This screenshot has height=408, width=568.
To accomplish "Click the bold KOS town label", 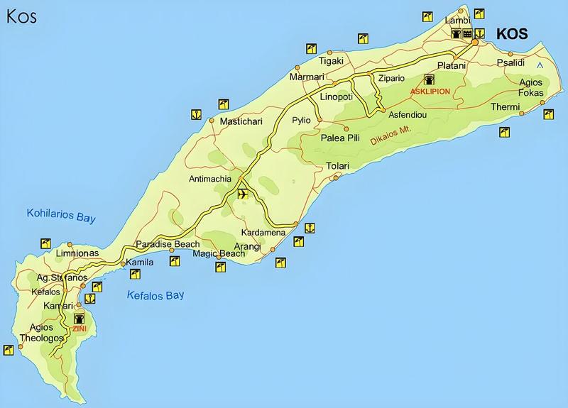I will pos(513,34).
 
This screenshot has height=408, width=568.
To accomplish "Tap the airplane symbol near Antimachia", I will pos(243,194).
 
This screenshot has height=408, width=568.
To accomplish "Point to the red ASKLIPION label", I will pos(430,92).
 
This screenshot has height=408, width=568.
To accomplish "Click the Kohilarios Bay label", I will pos(60,215).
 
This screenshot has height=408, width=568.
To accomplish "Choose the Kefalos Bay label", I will pos(155,295).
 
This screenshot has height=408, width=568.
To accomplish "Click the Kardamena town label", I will pos(263,233).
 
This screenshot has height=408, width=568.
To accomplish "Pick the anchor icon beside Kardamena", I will pos(310,228).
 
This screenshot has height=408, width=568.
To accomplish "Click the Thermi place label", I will pos(506,107).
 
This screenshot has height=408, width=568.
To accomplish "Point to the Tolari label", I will pos(338,166).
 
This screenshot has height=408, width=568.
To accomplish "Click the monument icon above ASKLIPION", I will pos(429,79).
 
